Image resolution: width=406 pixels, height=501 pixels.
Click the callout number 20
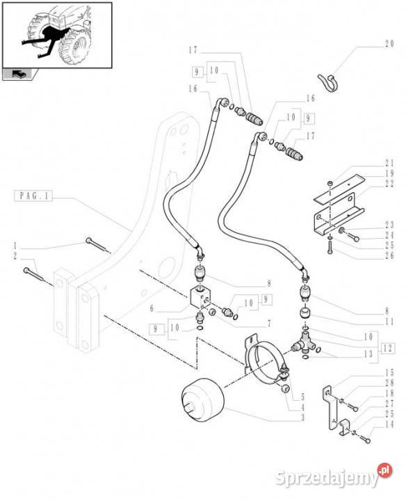[389, 44]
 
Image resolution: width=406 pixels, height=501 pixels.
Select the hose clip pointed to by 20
[327, 83]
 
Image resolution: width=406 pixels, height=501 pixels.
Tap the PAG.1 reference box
[33, 196]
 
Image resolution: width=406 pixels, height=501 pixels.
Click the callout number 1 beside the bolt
[15, 246]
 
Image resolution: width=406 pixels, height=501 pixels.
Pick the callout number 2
[15, 256]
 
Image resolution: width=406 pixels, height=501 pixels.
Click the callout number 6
[152, 308]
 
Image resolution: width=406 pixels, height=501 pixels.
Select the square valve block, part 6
[200, 297]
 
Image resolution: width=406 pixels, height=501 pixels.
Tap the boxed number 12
[387, 349]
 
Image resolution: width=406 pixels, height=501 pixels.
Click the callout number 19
[389, 173]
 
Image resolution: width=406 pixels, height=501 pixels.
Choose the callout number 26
[389, 255]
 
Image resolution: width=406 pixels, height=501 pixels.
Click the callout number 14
[389, 424]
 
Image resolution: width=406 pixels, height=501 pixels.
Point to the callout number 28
[389, 383]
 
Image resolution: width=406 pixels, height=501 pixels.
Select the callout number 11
[389, 321]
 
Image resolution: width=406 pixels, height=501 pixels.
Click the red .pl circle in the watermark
[385, 470]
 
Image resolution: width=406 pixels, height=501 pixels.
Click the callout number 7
[269, 324]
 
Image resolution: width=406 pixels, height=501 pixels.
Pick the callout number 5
[302, 397]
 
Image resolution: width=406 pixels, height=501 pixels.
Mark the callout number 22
[389, 184]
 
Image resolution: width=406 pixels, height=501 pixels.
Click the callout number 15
[389, 372]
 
